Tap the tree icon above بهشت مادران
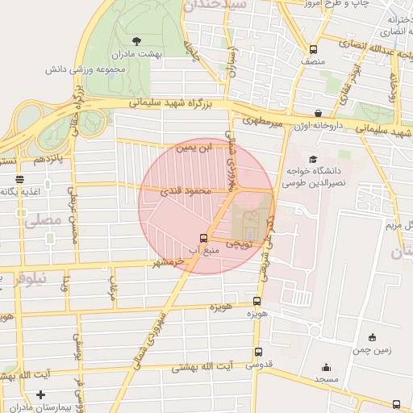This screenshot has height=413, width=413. click(x=135, y=40)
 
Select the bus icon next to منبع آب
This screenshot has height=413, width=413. click(x=202, y=238)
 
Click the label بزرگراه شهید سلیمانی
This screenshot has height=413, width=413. click(x=170, y=103)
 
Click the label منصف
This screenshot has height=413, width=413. click(x=313, y=60)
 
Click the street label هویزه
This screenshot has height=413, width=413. click(x=221, y=308)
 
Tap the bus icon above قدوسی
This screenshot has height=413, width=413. click(x=258, y=352)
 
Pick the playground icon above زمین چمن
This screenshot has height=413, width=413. click(x=371, y=337)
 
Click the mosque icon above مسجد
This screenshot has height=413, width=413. click(x=326, y=367)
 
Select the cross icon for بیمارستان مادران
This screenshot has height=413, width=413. click(x=40, y=395)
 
